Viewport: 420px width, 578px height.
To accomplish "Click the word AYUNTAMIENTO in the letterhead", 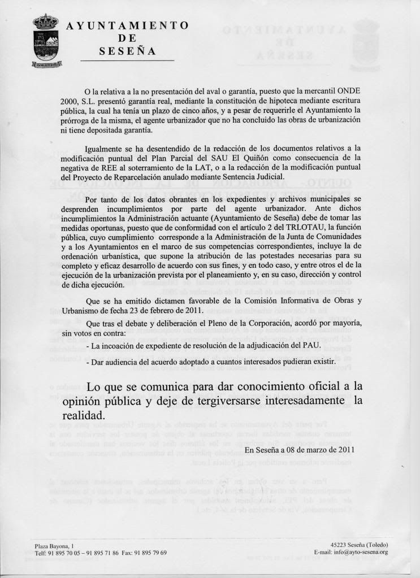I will coord(127,26).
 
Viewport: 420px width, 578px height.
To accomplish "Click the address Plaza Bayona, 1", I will coord(55,545).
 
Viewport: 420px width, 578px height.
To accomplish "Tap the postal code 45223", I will coord(341,545).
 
